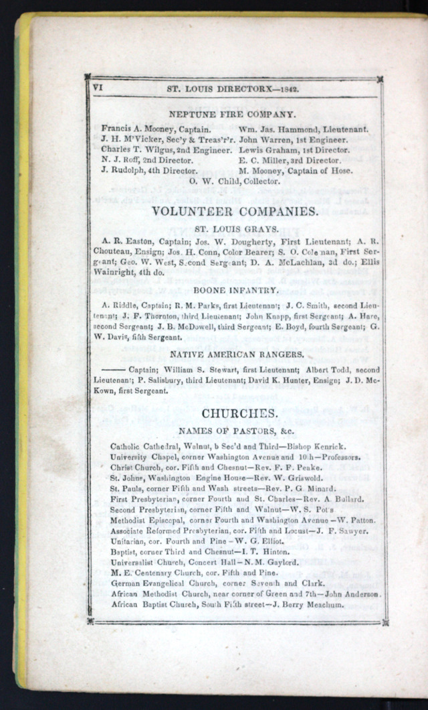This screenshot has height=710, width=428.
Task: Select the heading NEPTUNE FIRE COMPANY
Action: [x=232, y=114]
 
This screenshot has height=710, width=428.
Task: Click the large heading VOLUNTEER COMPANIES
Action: [x=234, y=212]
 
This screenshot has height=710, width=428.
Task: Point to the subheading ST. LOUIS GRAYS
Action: [x=232, y=228]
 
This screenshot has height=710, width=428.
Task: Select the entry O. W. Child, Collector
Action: [x=232, y=181]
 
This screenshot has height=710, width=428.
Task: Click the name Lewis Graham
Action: [x=268, y=150]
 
